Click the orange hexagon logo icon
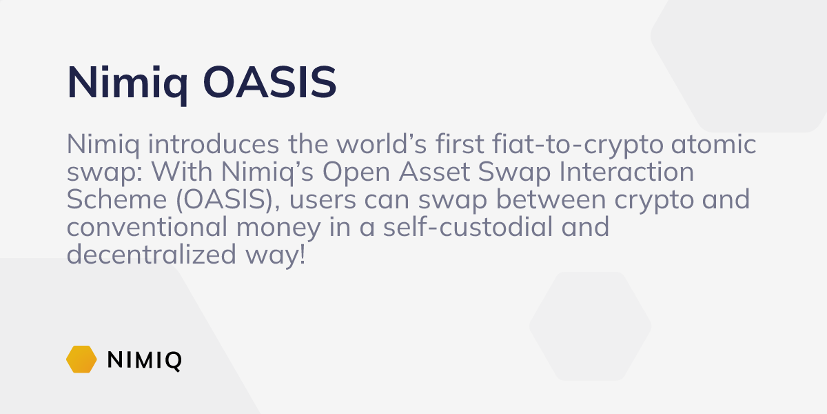click(81, 359)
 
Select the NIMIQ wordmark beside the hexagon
click(145, 360)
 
